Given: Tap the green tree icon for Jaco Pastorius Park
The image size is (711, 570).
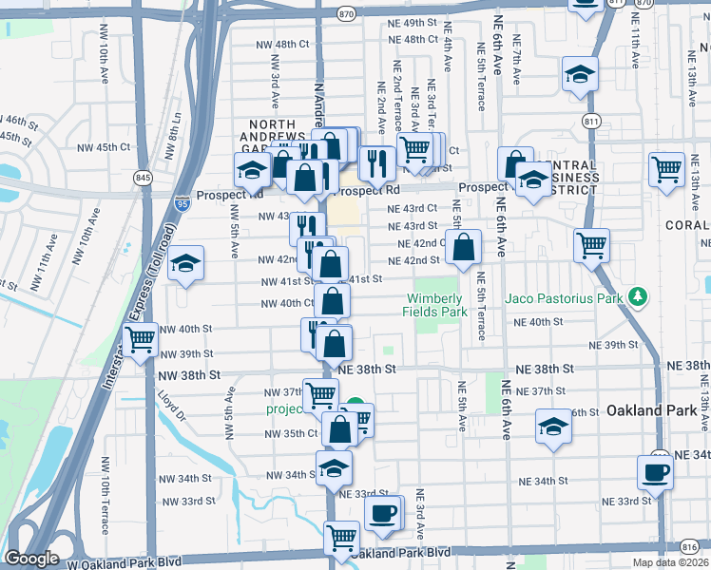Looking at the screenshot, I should click(639, 298).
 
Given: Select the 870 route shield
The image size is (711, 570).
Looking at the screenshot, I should click(346, 13).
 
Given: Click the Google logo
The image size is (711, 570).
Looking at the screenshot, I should click(31, 559).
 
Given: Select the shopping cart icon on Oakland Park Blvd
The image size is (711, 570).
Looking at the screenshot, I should click(341, 537).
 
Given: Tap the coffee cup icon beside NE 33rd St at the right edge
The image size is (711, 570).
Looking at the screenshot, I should click(655, 471).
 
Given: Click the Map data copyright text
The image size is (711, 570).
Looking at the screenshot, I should click(671, 562).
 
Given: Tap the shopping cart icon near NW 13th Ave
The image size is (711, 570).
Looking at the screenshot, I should click(667, 170).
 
